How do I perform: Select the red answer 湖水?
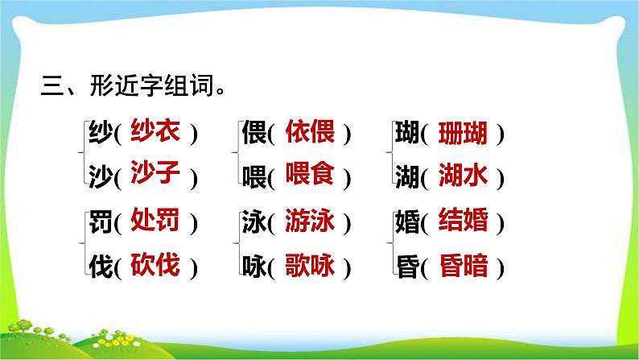coord(463,175)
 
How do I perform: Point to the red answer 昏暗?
coord(463,265)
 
